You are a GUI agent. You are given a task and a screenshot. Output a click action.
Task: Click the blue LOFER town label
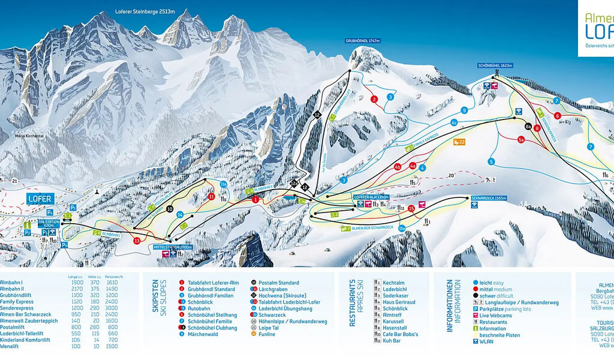pyautogui.click(x=40, y=199)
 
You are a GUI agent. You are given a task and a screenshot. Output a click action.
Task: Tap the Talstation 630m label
pyautogui.click(x=49, y=221)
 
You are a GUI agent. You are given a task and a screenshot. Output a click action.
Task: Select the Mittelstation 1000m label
pyautogui.click(x=173, y=247)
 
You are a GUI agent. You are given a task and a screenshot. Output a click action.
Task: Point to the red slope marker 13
pyautogui.click(x=137, y=241)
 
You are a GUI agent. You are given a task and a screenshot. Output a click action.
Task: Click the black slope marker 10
pyautogui.click(x=170, y=209)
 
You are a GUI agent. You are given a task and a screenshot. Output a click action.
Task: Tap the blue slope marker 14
pyautogui.click(x=179, y=214)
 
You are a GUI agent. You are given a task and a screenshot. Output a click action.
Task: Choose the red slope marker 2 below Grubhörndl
pyautogui.click(x=374, y=99)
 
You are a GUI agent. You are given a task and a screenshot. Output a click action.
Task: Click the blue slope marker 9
pyautogui.click(x=464, y=110)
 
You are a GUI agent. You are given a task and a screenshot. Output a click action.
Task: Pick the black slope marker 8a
pyautogui.click(x=528, y=127)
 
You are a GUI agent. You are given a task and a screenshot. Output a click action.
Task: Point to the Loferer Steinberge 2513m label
pyautogui.click(x=146, y=11)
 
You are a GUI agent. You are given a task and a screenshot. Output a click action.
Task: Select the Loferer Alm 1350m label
pyautogui.click(x=371, y=197)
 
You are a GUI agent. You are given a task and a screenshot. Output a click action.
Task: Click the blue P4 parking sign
pyautogui.click(x=50, y=212)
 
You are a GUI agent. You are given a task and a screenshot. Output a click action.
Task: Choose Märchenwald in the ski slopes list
pyautogui.click(x=202, y=334)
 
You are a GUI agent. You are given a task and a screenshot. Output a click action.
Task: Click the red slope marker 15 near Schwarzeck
pyautogui.click(x=411, y=208)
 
